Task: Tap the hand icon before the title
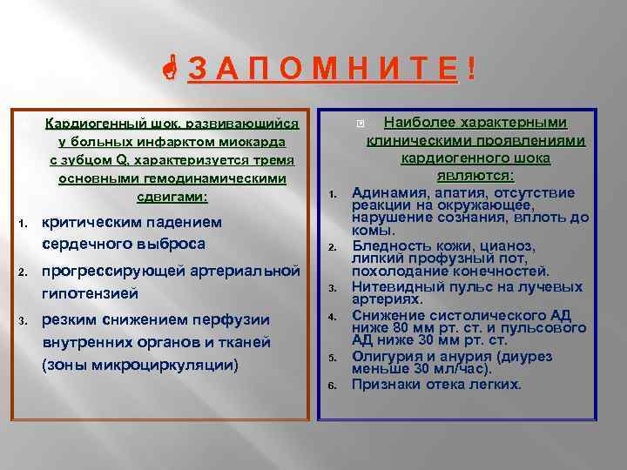(173, 70)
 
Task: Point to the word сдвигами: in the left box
(172, 197)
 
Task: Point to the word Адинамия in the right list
(388, 192)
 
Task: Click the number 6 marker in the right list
(332, 386)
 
